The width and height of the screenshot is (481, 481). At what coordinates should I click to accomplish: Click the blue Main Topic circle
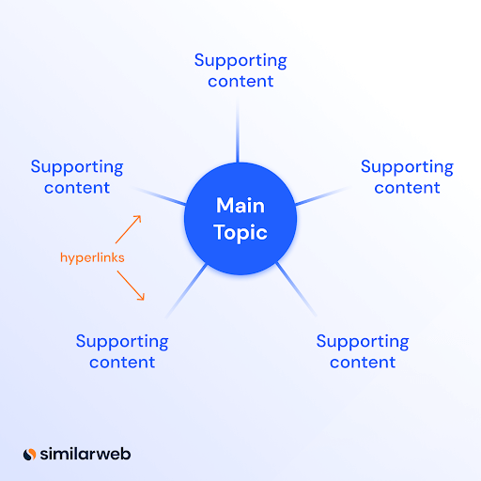pos(240,219)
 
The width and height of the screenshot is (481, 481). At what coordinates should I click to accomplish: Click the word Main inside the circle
pos(240,206)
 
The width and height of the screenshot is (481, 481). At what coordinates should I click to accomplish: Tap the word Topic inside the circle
pos(240,233)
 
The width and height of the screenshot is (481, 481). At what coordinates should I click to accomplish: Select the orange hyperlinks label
pos(92,258)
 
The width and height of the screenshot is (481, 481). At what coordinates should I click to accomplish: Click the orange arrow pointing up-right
pos(129,229)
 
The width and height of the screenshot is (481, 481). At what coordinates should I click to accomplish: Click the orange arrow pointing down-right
pos(131,286)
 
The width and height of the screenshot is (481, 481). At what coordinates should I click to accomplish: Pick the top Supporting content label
pos(240,70)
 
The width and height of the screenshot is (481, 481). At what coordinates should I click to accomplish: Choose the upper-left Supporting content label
pos(77,177)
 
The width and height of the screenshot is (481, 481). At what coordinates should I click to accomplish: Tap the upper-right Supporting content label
pos(407,177)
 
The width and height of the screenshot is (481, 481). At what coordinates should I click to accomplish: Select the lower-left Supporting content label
pos(122,351)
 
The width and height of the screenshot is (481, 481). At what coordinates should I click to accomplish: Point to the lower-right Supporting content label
pos(363,351)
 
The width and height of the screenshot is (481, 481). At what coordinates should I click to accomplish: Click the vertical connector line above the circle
pos(238,131)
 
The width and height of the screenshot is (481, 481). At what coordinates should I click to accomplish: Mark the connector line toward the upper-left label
pos(159,196)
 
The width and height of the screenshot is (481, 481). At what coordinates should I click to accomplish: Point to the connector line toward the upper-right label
pos(322,195)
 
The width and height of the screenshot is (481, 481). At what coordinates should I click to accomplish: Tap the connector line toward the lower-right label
pos(296,289)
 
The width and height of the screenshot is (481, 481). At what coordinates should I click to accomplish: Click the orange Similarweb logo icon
pos(30,455)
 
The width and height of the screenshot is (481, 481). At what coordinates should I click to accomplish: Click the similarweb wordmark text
pos(85,454)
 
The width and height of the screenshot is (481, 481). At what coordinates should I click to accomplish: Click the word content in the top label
pos(240,81)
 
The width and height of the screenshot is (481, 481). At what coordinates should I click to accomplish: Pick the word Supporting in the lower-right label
pos(363,342)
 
